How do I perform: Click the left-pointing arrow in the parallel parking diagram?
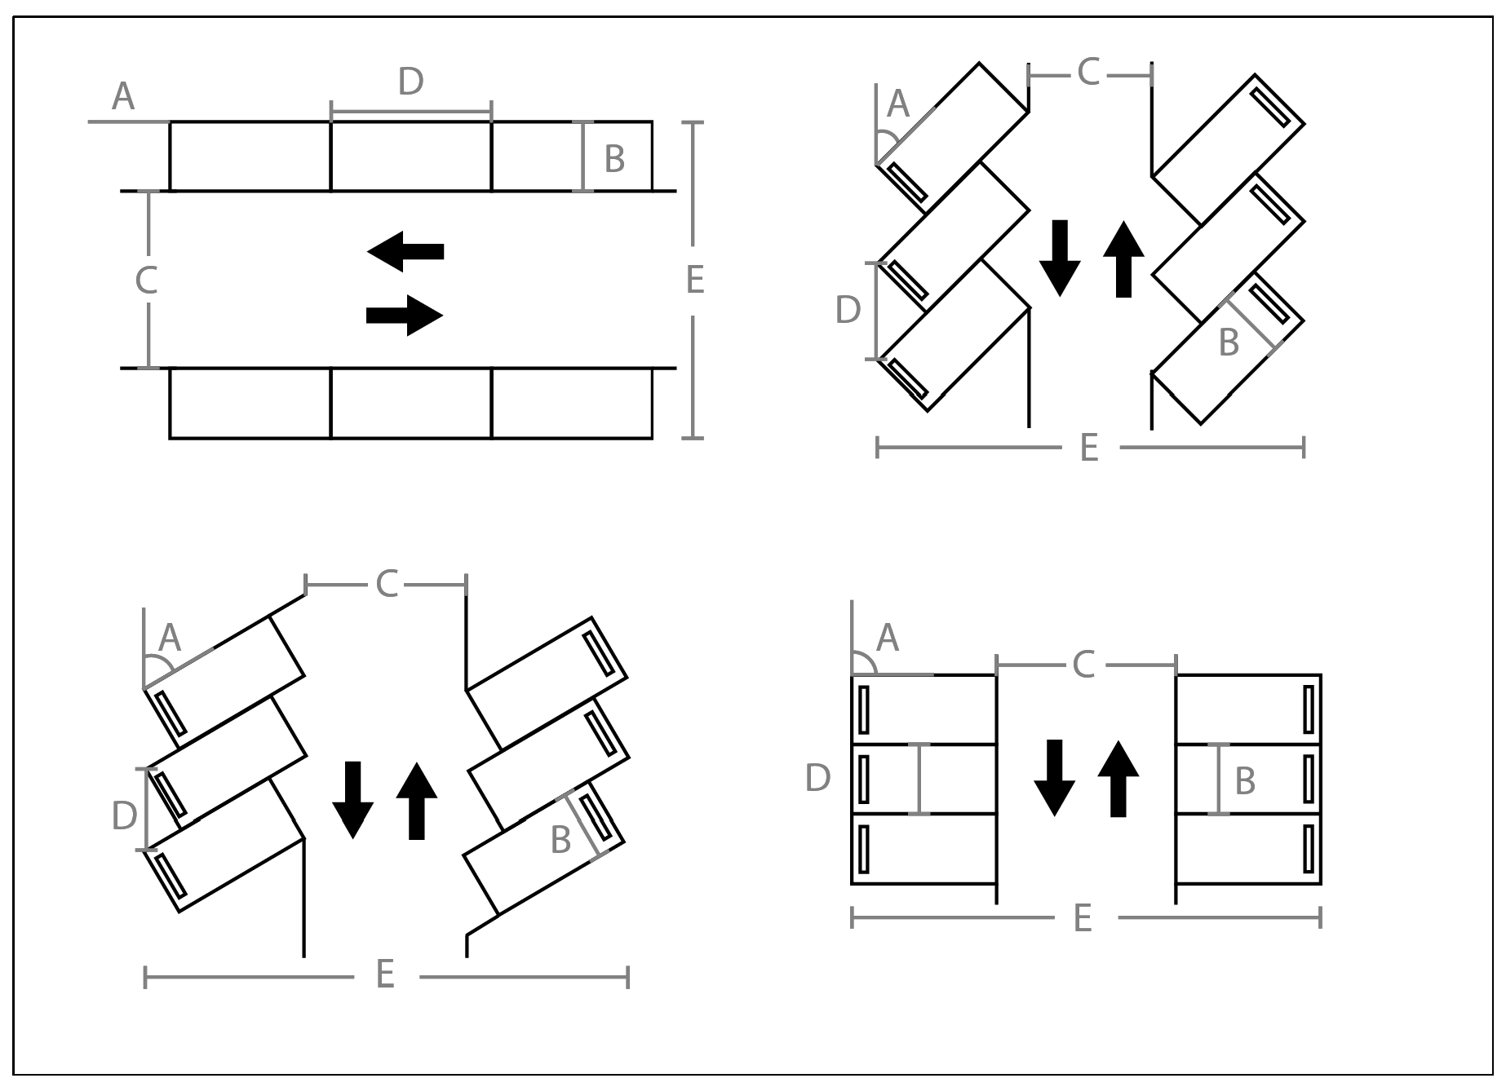click(405, 251)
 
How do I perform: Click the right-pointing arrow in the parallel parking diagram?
click(405, 316)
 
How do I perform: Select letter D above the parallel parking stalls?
click(411, 82)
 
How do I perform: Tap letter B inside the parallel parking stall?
click(614, 159)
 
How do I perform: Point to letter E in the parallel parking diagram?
click(694, 280)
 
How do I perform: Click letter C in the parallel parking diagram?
click(146, 280)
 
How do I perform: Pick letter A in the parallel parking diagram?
click(123, 97)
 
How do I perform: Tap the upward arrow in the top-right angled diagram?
click(1123, 259)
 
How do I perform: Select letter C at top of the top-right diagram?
click(1089, 73)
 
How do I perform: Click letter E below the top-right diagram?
click(1089, 448)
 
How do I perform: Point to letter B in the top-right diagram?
click(1229, 342)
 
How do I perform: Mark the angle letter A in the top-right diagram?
click(898, 104)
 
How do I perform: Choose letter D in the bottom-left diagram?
click(124, 815)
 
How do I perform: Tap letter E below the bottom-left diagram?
click(385, 974)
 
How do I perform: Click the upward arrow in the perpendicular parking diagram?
click(1118, 779)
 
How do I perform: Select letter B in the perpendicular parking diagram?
click(1245, 781)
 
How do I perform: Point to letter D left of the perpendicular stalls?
click(818, 779)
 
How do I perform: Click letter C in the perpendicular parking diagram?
click(1083, 665)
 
